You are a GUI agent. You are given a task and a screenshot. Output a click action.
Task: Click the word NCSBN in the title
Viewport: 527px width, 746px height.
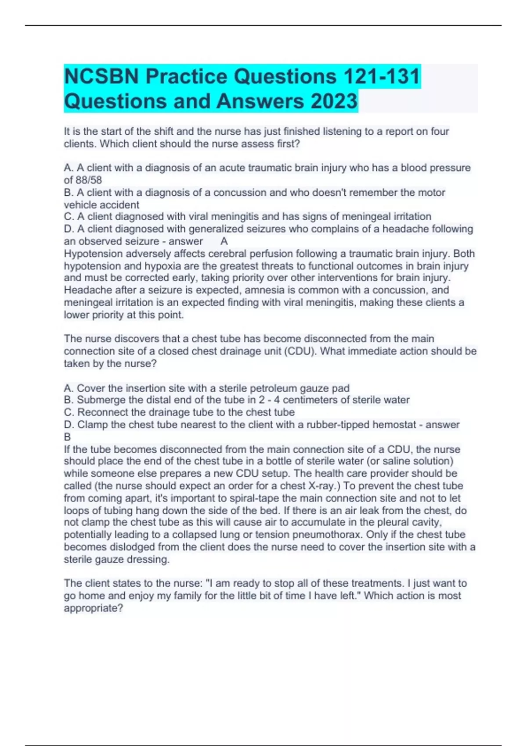(x=102, y=77)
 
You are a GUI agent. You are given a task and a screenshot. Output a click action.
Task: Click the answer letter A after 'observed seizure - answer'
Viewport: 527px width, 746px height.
(x=224, y=241)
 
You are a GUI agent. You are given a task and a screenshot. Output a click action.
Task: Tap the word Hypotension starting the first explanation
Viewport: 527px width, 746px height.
(x=93, y=254)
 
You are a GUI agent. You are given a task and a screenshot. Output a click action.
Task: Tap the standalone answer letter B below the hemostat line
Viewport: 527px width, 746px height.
(x=67, y=437)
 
